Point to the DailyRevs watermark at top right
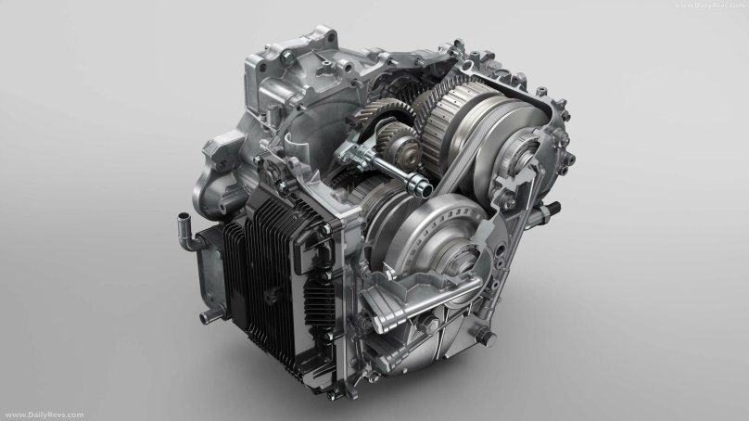710,6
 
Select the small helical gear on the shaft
400,145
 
